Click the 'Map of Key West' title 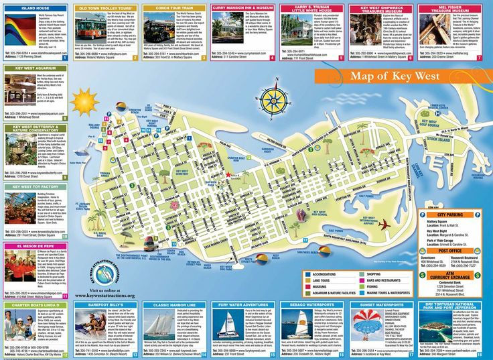point(397,76)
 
